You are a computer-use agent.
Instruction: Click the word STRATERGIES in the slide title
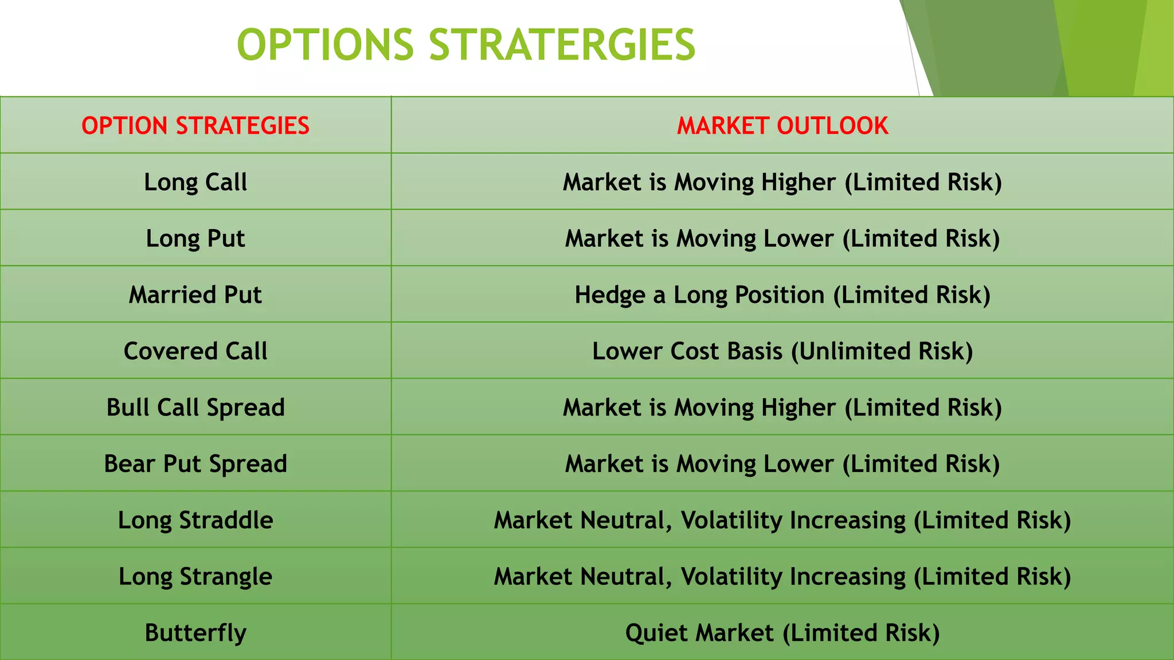pos(562,45)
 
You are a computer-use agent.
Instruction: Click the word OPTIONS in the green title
pos(325,45)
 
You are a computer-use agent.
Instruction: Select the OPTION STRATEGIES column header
pos(195,125)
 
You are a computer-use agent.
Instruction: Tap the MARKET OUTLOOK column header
pos(782,125)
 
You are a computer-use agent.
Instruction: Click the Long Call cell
pos(195,182)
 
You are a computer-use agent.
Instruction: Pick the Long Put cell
pos(195,238)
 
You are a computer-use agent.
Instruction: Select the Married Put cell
pos(195,294)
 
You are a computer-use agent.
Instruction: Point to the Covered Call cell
pos(195,351)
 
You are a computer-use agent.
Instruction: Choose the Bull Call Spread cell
pos(195,407)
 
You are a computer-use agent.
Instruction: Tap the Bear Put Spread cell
pos(195,463)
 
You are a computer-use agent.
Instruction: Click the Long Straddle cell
pos(195,520)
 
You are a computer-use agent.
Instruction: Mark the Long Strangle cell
pos(195,576)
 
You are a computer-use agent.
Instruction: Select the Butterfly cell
pos(195,632)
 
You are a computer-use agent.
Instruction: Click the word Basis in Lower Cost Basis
pos(754,351)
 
